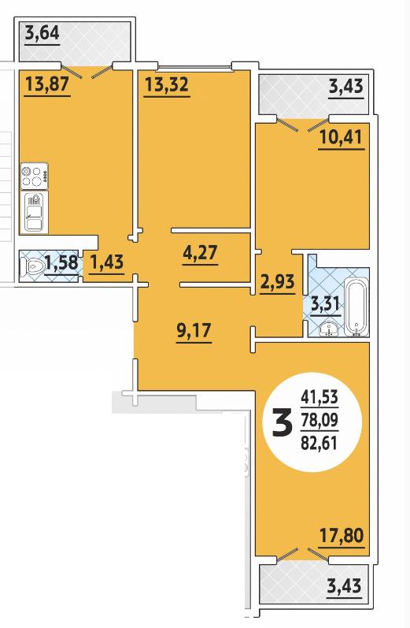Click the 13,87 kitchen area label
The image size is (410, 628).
47,84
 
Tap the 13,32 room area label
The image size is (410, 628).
166,84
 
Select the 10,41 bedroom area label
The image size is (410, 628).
342,137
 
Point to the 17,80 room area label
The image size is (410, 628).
342,535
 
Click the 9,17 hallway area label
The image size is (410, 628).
194,330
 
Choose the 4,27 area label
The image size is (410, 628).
200,252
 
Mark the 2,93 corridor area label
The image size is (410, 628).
277,281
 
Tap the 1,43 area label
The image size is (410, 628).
107,262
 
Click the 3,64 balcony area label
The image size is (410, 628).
42,33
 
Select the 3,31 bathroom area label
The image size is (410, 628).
325,304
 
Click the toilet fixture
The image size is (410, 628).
33,266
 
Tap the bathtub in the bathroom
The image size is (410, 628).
356,307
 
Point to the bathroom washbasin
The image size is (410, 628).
329,329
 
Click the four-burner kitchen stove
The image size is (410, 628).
34,177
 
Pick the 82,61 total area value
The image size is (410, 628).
320,443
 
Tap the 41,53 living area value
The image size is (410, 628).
320,397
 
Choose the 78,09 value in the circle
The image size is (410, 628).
320,420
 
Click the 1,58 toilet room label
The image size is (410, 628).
61,262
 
